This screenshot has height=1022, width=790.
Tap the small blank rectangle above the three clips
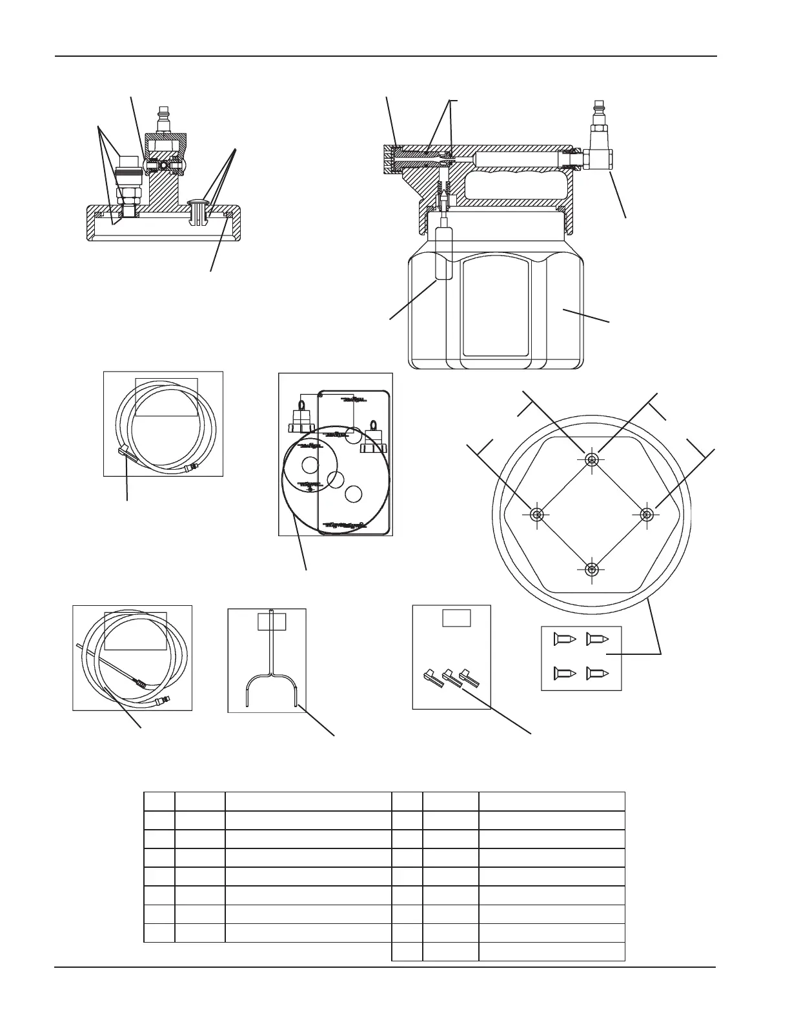(x=456, y=617)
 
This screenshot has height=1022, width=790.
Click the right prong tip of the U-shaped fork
(x=296, y=705)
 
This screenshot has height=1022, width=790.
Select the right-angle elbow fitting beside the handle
(x=600, y=157)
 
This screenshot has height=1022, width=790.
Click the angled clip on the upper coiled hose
(x=125, y=453)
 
